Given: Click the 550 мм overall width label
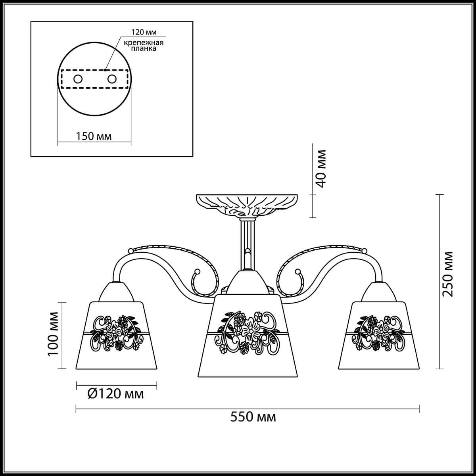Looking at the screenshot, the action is (253, 417).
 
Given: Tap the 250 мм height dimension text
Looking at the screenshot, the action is (447, 274).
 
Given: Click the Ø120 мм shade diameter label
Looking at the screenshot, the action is (115, 394).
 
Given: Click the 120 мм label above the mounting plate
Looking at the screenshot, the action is (144, 32).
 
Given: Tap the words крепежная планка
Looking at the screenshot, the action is (144, 46).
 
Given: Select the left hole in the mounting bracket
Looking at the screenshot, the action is (78, 79).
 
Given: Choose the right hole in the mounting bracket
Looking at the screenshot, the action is (112, 79).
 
